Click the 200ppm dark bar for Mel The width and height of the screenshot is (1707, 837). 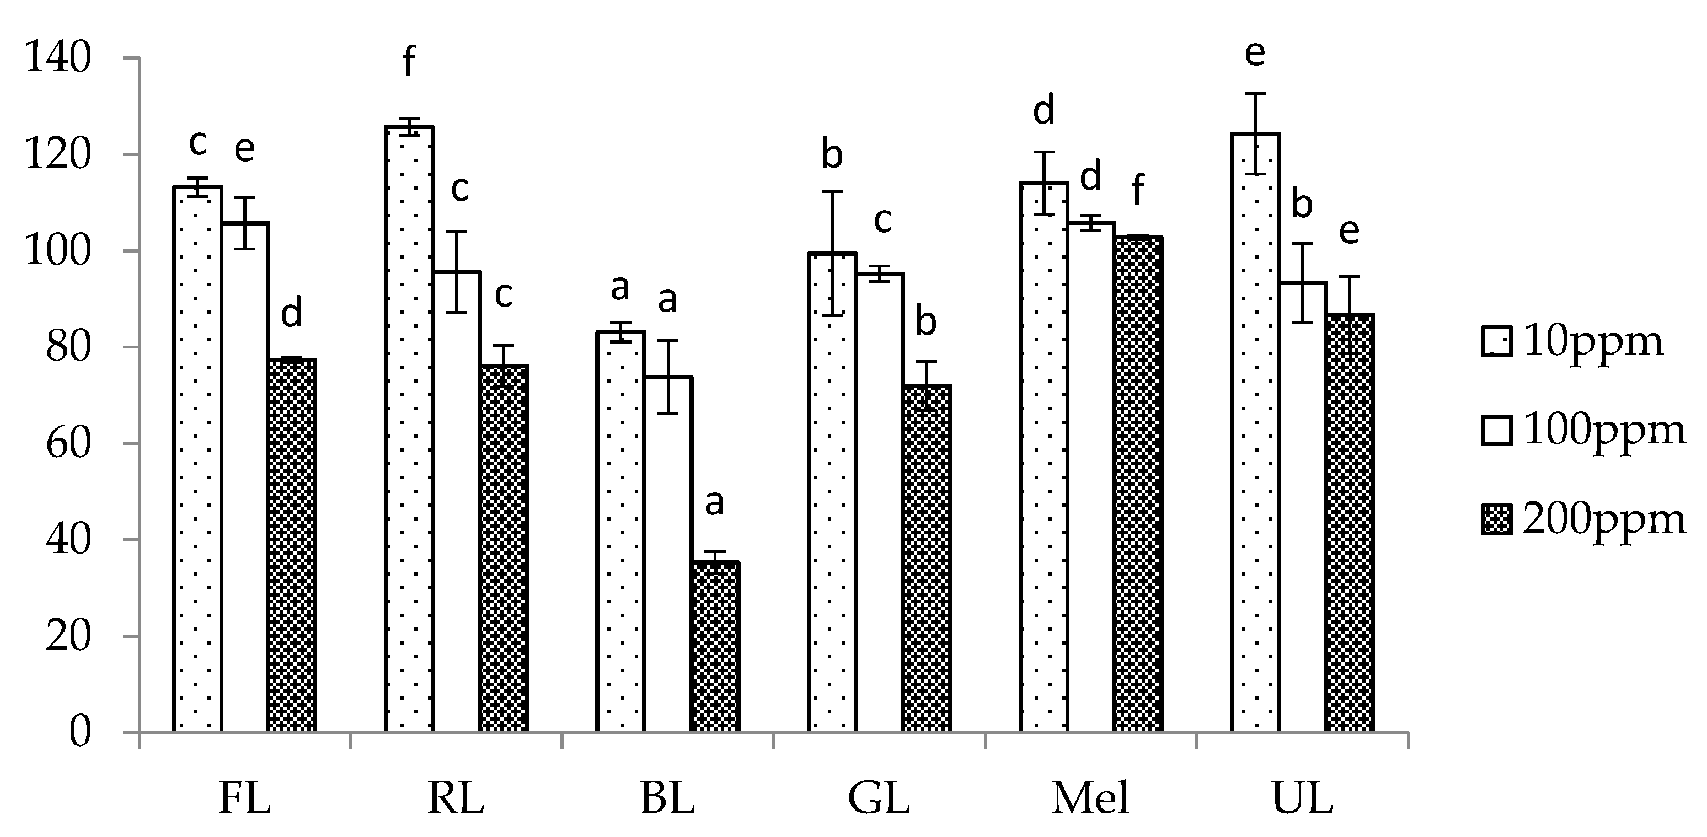(1138, 484)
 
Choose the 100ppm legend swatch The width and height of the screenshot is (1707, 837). (1496, 431)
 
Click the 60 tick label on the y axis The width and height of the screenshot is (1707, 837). (68, 443)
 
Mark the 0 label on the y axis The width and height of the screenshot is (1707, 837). (79, 732)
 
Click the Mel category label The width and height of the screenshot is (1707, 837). (1090, 798)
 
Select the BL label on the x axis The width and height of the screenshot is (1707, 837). (667, 798)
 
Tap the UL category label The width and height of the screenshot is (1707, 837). (1302, 798)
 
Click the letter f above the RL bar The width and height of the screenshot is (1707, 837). (409, 63)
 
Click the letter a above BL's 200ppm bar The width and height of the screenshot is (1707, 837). (714, 502)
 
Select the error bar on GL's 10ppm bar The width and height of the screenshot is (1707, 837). (832, 253)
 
